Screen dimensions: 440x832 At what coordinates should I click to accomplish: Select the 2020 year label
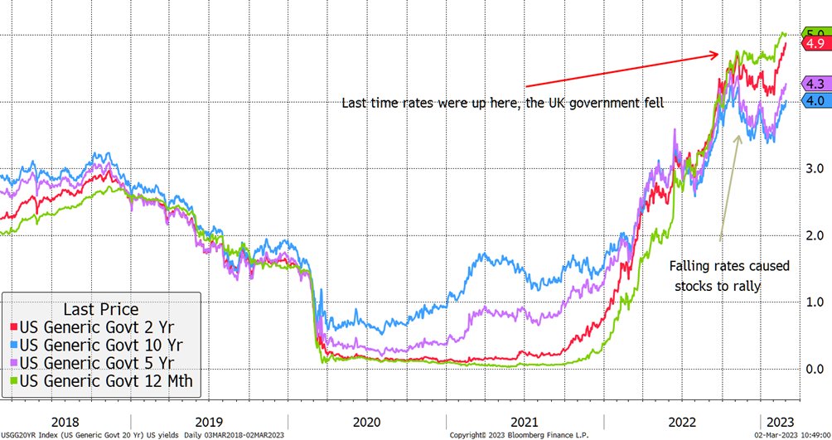(x=367, y=419)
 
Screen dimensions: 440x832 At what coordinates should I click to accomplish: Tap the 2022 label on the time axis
(x=682, y=419)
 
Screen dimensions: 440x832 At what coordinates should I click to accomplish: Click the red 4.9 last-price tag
(x=815, y=43)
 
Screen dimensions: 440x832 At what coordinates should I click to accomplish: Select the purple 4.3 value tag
(x=815, y=85)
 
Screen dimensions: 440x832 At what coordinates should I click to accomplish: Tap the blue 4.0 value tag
(x=815, y=100)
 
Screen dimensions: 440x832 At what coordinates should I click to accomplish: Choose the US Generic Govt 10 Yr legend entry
(x=100, y=344)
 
